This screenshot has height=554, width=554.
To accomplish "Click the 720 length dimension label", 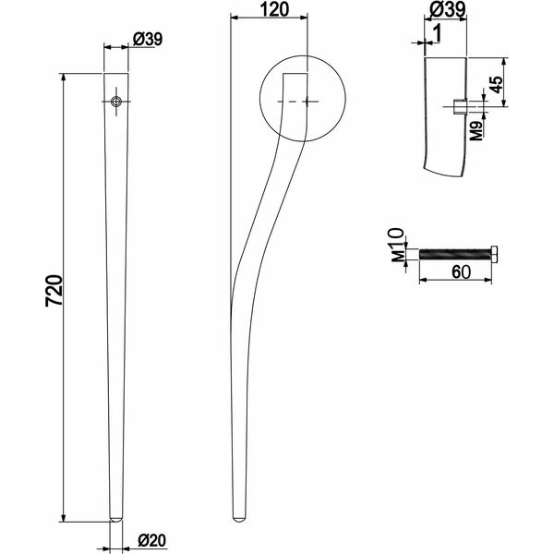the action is (x=54, y=290).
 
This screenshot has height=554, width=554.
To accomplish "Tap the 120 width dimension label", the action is (x=274, y=9).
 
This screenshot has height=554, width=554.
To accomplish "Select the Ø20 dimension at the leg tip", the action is (x=152, y=540).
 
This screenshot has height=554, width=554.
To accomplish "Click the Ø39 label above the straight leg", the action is (x=148, y=39).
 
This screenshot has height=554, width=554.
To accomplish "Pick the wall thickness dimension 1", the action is (x=437, y=34).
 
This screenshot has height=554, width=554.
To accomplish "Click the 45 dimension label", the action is (x=497, y=84).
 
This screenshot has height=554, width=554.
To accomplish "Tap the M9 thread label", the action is (x=477, y=130).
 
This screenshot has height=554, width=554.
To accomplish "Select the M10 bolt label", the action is (x=397, y=245).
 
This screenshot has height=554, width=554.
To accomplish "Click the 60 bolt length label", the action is (x=461, y=272).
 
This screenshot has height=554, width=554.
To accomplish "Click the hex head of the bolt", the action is (x=495, y=254).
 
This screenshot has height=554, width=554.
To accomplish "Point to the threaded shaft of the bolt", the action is (x=455, y=254).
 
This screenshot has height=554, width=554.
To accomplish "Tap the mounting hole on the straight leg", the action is (x=116, y=102).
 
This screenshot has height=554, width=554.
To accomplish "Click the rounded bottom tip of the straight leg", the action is (x=116, y=519).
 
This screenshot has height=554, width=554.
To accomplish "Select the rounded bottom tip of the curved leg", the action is (x=240, y=519).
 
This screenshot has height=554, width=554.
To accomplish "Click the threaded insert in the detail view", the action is (x=460, y=107).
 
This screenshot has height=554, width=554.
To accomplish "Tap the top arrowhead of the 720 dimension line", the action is (x=63, y=78).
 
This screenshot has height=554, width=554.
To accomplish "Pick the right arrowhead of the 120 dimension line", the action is (x=303, y=18).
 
